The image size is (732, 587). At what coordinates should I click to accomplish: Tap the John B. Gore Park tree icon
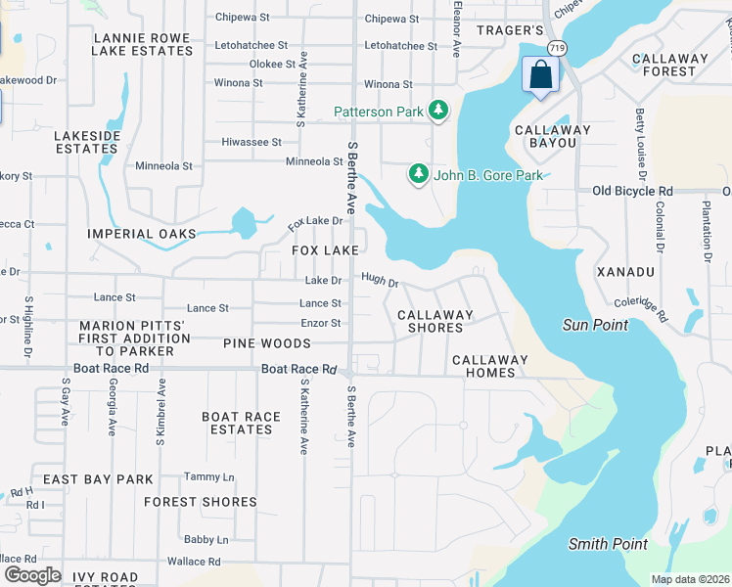[x=419, y=174]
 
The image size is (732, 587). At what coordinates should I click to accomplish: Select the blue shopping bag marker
[x=539, y=76]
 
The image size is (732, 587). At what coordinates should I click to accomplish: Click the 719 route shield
[x=557, y=47]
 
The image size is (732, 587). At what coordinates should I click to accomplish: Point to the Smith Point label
[x=608, y=544]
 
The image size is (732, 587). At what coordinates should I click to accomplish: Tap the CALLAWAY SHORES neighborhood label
[x=435, y=321]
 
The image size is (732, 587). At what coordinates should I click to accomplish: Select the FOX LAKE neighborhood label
[x=325, y=251]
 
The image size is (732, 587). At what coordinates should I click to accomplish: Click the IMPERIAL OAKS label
[x=141, y=234]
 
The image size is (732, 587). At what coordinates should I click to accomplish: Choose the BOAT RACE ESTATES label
[x=241, y=423]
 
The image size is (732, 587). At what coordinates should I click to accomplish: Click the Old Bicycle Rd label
[x=633, y=191]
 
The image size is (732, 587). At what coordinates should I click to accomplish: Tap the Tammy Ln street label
[x=208, y=476]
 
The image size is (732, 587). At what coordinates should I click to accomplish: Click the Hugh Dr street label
[x=380, y=283]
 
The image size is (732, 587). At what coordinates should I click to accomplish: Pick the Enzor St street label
[x=320, y=323]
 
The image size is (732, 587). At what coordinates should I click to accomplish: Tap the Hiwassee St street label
[x=251, y=142]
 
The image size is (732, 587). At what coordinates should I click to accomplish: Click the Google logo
[x=32, y=575]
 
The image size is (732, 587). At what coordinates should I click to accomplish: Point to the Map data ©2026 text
[x=690, y=579]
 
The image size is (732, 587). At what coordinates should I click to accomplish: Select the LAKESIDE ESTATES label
[x=87, y=142]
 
